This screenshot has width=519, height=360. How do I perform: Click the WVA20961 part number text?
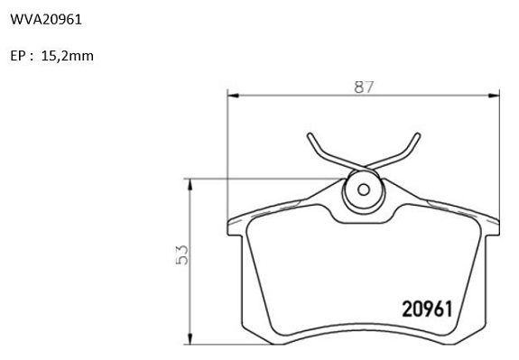pos(46,20)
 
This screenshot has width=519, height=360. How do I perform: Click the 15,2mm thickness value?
pos(68,56)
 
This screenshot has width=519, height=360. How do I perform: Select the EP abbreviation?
pos(18,56)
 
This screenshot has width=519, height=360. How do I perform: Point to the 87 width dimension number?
pos(364,87)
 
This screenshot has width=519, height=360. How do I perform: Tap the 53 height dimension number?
pos(182,254)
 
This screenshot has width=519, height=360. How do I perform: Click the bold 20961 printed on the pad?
pos(427,309)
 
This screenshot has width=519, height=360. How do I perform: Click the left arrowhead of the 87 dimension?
pos(233,96)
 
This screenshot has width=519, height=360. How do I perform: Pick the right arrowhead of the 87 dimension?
pos(494,96)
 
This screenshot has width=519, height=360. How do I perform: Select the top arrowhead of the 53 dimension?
pos(190,184)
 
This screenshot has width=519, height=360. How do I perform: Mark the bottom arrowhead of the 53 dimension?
pos(190,339)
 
